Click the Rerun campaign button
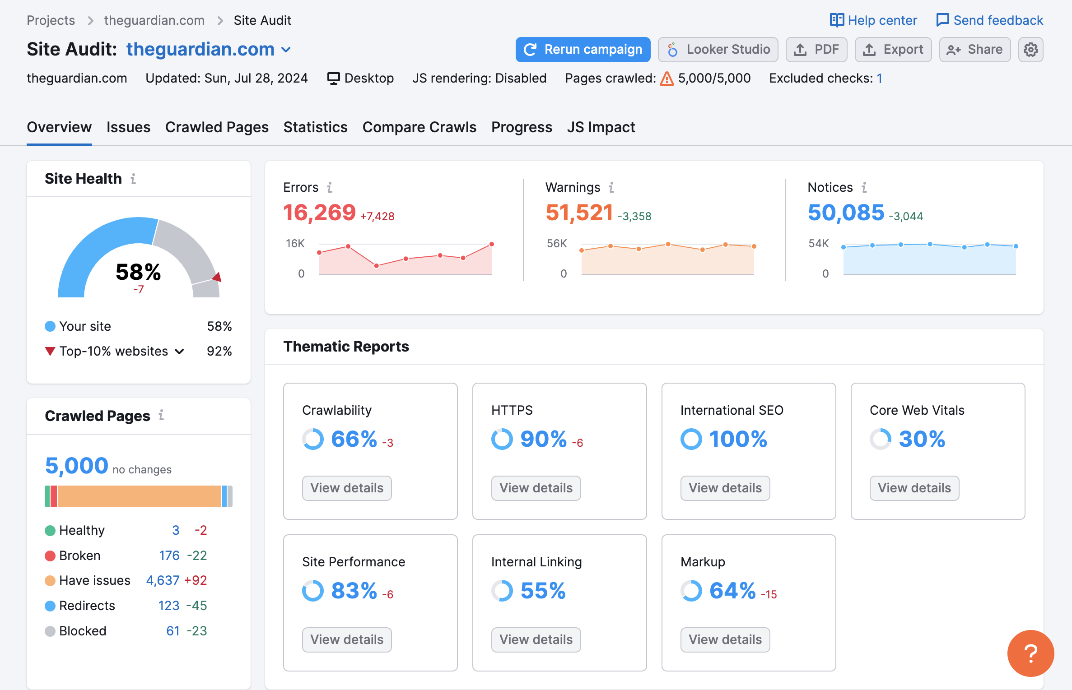(x=583, y=49)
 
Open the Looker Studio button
(x=718, y=49)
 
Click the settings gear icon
(x=1030, y=49)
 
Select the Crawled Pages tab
(x=217, y=127)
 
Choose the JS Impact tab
(x=601, y=127)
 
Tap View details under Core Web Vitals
(x=914, y=488)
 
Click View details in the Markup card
(x=725, y=639)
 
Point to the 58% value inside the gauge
(x=138, y=272)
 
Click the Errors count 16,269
(x=319, y=213)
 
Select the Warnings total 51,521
(x=579, y=213)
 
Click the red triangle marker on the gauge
(x=217, y=277)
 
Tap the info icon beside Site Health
(x=133, y=179)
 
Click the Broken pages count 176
(x=169, y=555)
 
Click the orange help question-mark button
(x=1030, y=653)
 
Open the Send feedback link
(x=990, y=20)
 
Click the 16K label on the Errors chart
(x=295, y=244)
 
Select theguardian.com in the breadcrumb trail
(x=154, y=20)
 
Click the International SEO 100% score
(x=738, y=439)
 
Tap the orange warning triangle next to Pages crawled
(x=667, y=79)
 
